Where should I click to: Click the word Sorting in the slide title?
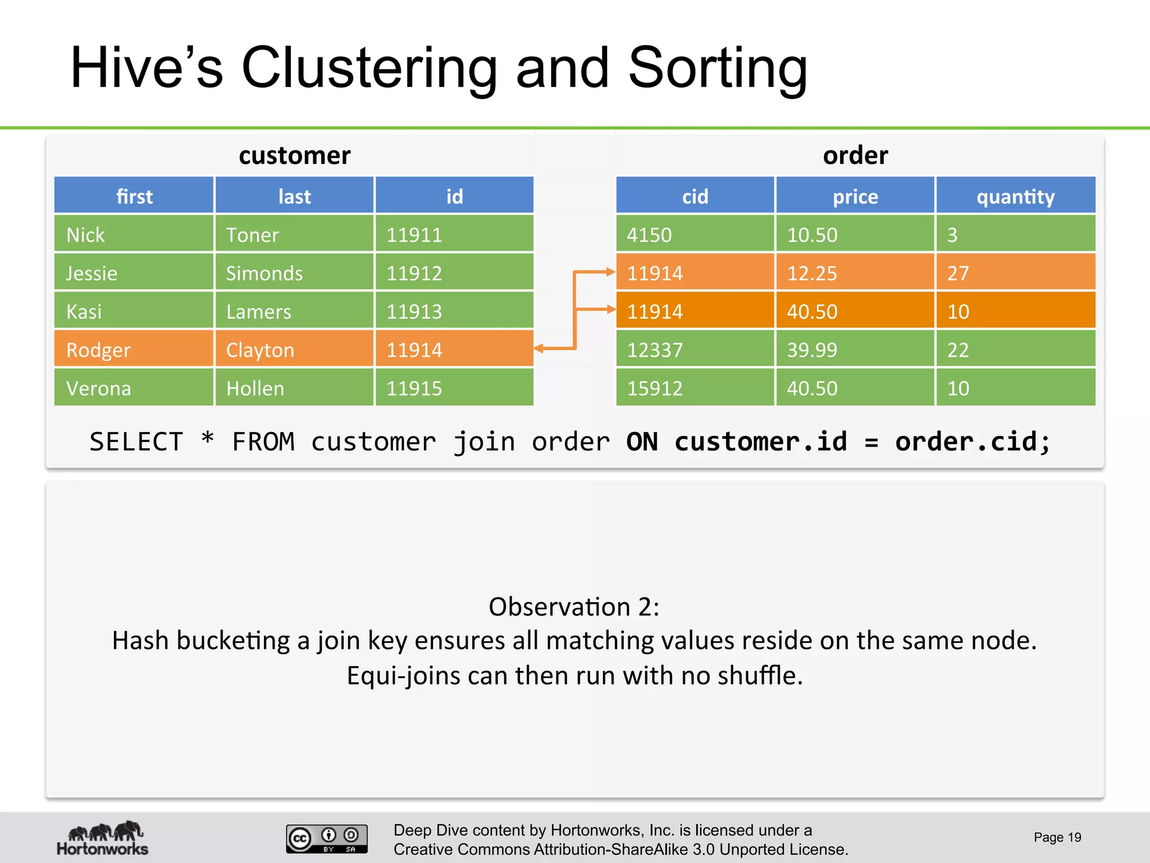click(717, 69)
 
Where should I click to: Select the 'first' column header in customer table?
click(134, 196)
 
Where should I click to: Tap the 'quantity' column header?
click(1015, 196)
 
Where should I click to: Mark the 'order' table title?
click(855, 155)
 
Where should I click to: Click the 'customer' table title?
click(294, 155)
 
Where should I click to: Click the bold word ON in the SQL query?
click(642, 442)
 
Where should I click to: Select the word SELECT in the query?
click(136, 442)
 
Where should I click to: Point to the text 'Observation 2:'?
click(574, 607)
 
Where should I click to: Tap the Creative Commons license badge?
click(327, 838)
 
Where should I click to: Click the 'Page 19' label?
click(1057, 837)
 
